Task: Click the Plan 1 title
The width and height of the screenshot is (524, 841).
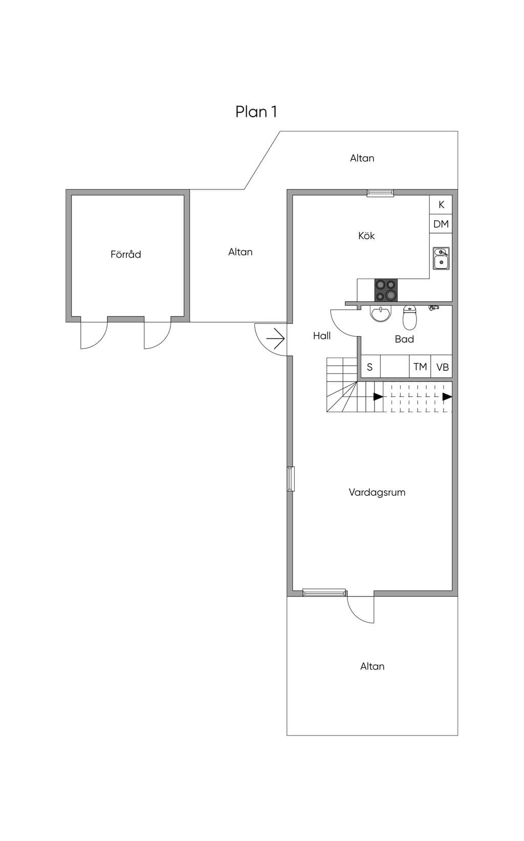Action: [256, 112]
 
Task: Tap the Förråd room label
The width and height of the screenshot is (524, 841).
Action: [126, 254]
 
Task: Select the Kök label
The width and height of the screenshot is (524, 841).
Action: [366, 236]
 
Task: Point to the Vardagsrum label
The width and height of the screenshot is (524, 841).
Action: [377, 492]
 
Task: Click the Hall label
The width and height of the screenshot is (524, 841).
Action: [322, 335]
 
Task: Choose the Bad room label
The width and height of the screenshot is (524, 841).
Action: [404, 339]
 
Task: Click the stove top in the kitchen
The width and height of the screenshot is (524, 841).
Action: [386, 290]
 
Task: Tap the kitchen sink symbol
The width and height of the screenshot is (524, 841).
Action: [441, 258]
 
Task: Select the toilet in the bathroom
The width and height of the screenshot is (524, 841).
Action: [409, 318]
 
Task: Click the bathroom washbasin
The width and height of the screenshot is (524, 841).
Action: [381, 313]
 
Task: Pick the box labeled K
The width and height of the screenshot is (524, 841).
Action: [441, 205]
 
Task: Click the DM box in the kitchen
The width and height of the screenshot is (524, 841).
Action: [441, 224]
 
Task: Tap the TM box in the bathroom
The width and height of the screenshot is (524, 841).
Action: [420, 366]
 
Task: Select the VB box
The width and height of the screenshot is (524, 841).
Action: [442, 366]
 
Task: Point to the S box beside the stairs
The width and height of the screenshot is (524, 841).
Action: [370, 366]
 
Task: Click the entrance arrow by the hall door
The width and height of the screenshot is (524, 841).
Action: [276, 339]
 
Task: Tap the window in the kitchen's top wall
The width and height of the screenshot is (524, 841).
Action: [380, 193]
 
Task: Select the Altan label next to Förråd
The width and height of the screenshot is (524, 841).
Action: [241, 251]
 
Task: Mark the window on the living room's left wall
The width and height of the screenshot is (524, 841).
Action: [291, 479]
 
